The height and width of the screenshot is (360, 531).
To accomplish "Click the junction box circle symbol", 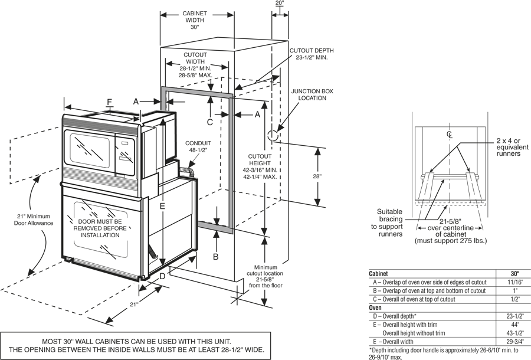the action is pos(273,136).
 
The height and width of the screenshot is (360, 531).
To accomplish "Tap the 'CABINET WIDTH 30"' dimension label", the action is pos(195,20).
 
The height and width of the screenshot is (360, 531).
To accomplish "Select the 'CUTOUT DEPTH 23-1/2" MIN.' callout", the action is pos(312,54).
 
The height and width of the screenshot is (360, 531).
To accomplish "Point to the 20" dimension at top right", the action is pos(280,3).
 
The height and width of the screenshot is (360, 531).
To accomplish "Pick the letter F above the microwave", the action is pos(109,102).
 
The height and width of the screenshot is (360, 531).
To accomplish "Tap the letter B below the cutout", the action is pos(216,257).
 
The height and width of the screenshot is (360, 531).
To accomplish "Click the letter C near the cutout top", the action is pos(210,122).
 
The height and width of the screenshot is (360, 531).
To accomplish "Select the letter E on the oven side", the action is pos(163,206).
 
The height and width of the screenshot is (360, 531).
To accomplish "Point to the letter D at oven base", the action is pos(162,276).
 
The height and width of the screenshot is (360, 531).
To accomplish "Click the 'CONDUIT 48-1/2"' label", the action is pos(198,146).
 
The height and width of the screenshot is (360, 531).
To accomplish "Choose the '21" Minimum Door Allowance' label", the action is pos(34,220).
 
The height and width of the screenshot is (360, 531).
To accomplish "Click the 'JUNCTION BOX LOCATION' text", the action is pos(312,94).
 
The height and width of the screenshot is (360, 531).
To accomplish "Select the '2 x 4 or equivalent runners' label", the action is pos(512,147).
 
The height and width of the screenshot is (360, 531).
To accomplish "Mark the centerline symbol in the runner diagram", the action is pos(450,135).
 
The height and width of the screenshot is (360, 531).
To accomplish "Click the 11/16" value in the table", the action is pos(515,282).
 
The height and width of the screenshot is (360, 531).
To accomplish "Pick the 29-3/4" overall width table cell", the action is pos(515,341).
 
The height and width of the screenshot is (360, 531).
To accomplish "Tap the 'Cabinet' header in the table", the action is pos(378,274).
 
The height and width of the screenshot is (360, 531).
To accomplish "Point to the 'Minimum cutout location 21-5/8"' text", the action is pos(266,276).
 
